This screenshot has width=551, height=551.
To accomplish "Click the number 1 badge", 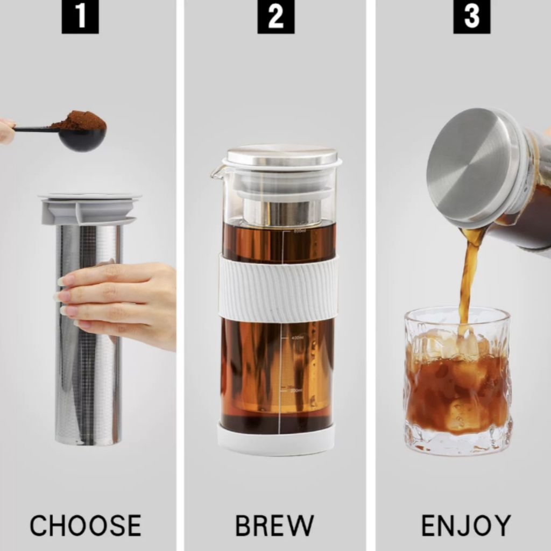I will click(80, 17).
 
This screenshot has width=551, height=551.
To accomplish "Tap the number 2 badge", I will click(275, 17).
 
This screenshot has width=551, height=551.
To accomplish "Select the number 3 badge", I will click(471, 17).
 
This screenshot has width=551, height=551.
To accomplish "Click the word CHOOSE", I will click(86, 525).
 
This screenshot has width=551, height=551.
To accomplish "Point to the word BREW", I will click(274, 525).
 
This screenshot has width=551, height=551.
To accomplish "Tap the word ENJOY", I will click(466, 525).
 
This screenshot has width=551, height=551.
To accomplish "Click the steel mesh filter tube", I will click(88, 377).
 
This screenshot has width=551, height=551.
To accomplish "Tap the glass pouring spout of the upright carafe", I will click(217, 172).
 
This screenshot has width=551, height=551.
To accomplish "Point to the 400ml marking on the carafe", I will click(296, 337).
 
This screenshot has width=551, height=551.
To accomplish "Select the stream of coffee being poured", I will click(467, 280).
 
